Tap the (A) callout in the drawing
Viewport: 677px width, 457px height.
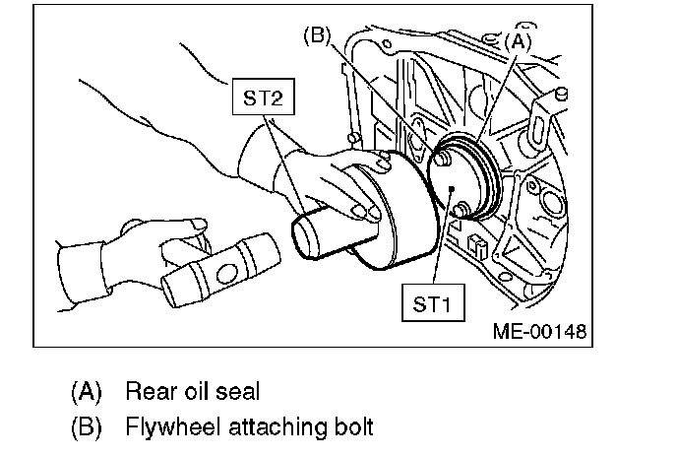click(x=519, y=42)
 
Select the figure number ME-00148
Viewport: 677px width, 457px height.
click(x=539, y=331)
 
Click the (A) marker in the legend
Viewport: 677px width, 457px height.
click(x=87, y=391)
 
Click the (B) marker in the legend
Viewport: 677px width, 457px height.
click(x=87, y=428)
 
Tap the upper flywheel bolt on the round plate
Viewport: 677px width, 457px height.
click(x=446, y=156)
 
